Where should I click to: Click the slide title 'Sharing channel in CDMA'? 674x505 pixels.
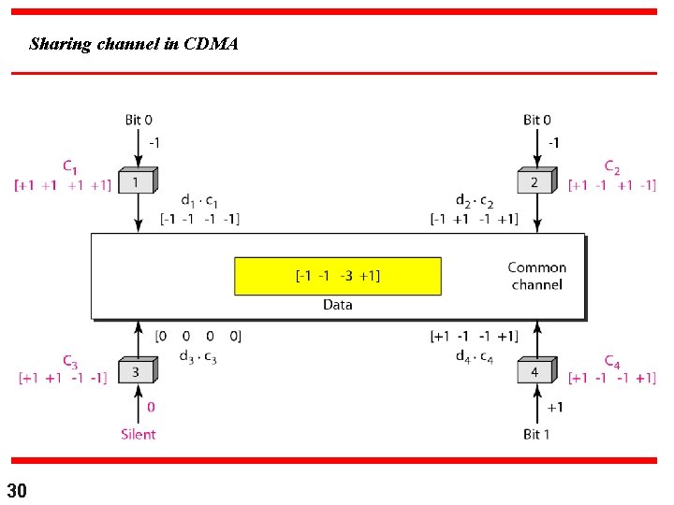pos(134,44)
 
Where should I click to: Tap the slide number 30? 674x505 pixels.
pos(17,490)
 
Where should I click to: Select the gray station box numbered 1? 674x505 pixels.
pos(136,182)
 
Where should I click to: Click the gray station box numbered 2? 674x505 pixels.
pos(535,182)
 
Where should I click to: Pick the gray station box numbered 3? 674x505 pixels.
pos(136,372)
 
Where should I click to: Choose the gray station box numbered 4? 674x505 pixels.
pos(535,372)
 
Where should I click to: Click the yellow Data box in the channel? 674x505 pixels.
pos(337,276)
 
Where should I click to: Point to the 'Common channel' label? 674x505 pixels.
pos(537,276)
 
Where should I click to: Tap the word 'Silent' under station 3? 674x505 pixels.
pos(138,434)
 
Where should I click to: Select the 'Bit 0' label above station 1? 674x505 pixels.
pos(139,120)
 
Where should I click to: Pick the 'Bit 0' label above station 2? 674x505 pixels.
pos(537,120)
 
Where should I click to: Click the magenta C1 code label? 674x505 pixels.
pos(70,166)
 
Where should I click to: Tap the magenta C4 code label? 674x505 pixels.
pos(612,361)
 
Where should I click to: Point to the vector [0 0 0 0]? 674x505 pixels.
pos(198,336)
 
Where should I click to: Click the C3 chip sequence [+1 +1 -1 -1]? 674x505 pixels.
pos(63,378)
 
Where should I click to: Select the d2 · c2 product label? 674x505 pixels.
pos(474,201)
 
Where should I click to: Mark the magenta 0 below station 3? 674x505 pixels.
pos(151,408)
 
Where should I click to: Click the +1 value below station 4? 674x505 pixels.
pos(554,408)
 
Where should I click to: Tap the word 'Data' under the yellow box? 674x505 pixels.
pos(337,305)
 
